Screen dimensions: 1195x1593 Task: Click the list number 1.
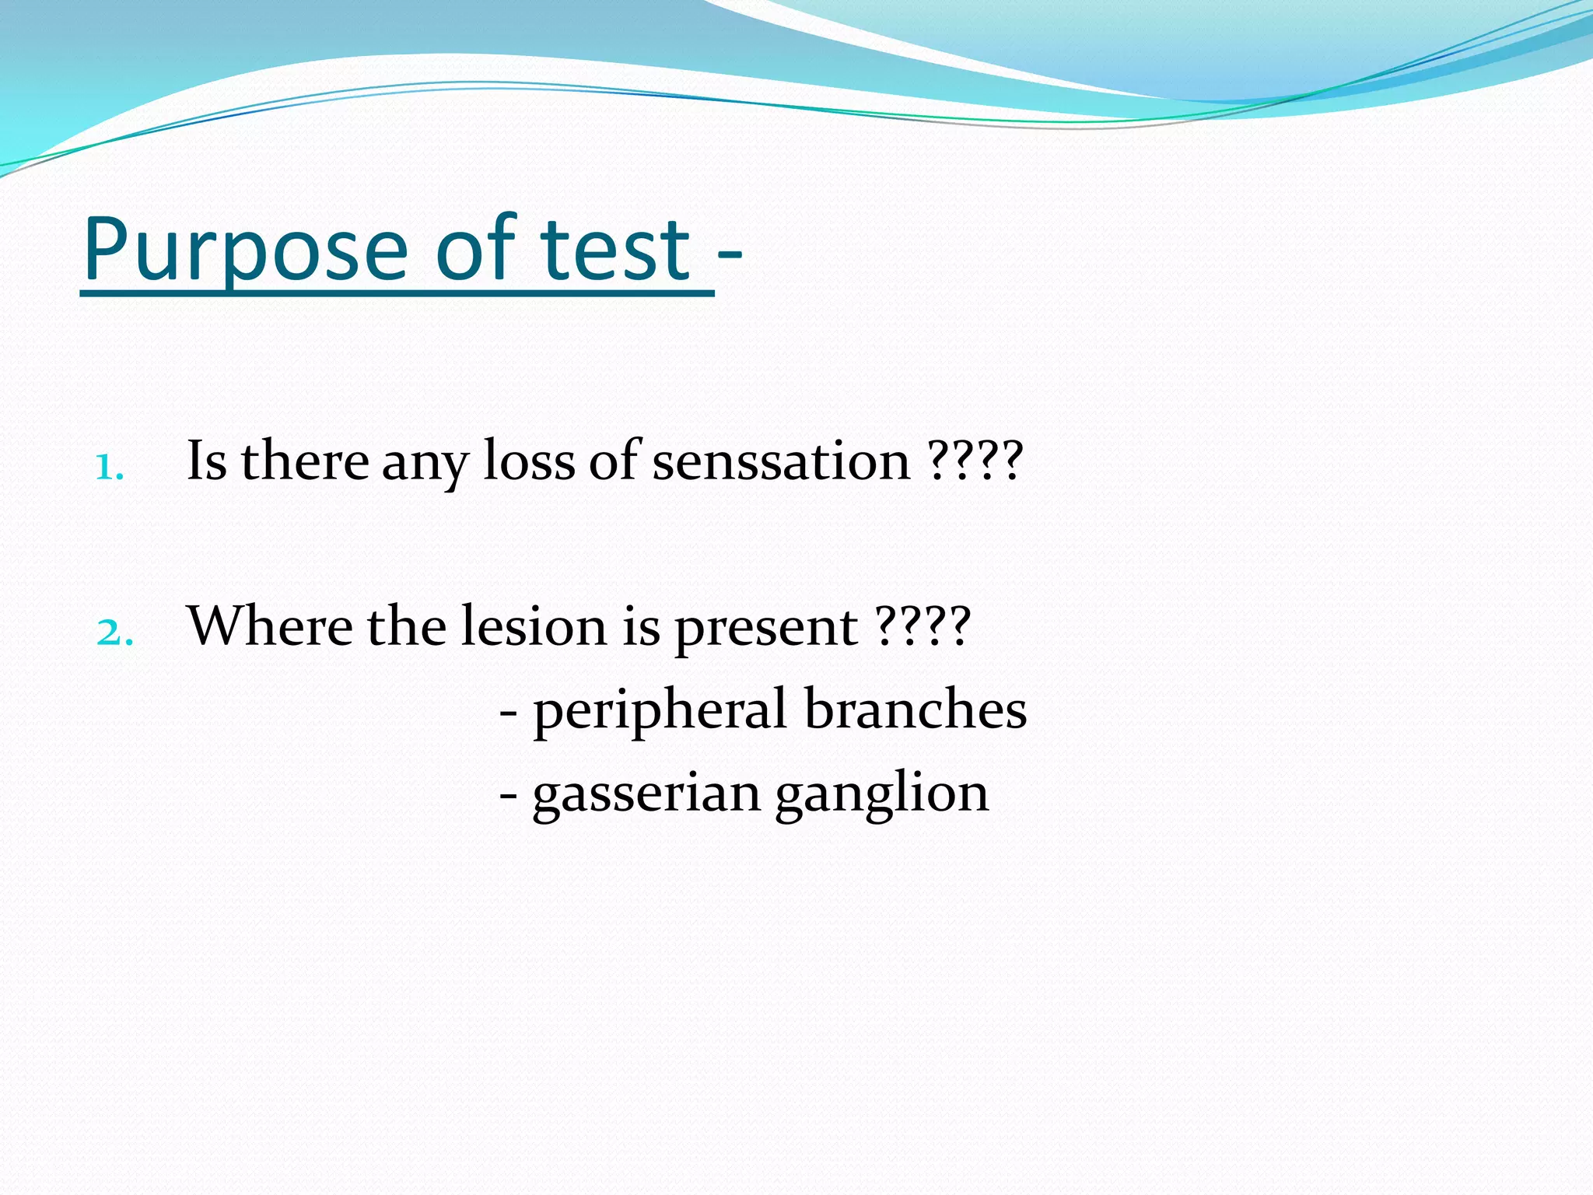pos(109,468)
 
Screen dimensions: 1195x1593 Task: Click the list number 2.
pos(114,633)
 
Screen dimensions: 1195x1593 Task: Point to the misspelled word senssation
pos(781,461)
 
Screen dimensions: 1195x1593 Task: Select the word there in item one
pos(305,461)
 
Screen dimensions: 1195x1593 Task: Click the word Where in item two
pos(270,626)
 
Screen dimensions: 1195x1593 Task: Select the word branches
pos(915,709)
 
